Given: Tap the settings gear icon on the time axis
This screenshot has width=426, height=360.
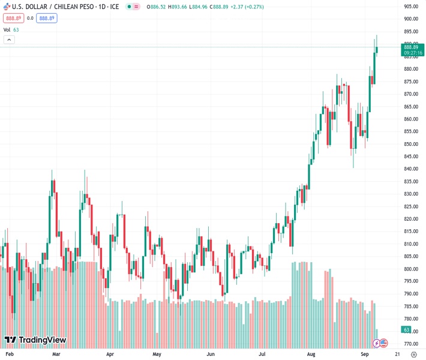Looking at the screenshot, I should (x=413, y=355).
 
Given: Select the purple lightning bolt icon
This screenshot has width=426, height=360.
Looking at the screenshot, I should (x=376, y=343).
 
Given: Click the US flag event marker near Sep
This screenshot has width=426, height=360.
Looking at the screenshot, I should (x=384, y=343).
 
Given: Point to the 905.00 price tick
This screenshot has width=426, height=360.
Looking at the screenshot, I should (x=411, y=7).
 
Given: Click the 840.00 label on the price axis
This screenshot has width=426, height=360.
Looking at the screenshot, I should (x=411, y=169).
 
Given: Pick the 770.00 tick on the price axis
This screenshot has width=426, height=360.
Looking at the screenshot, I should (x=411, y=344).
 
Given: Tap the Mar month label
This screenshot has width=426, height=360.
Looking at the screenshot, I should (x=56, y=355).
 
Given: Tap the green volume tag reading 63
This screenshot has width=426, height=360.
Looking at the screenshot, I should (x=406, y=329).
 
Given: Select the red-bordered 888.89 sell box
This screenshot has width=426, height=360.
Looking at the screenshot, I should (x=13, y=19).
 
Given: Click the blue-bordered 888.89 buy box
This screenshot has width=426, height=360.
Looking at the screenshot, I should (x=47, y=19).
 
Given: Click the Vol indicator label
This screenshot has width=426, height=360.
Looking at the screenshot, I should (x=7, y=29).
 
